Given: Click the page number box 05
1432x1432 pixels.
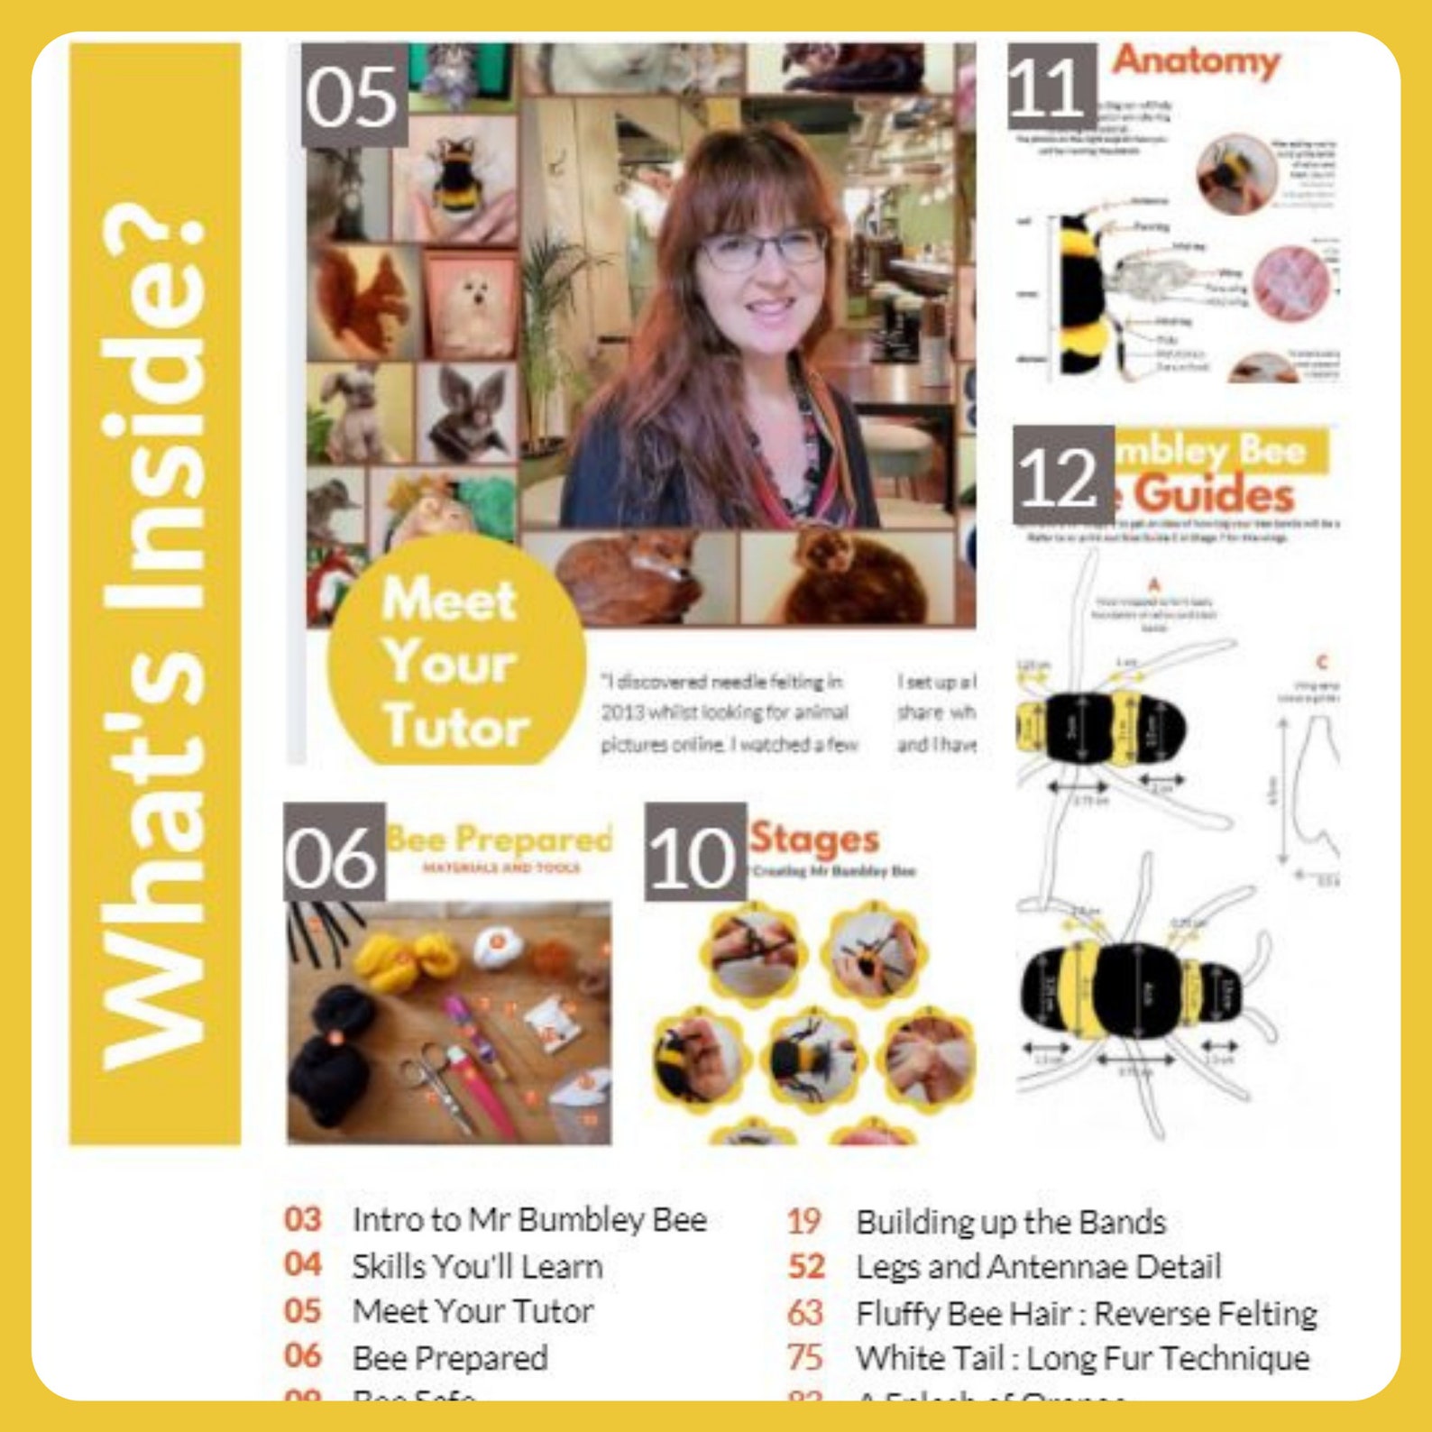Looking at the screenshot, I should click(353, 96).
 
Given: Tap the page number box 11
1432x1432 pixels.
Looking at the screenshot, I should click(1051, 87).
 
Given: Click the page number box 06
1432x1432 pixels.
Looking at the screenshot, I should click(333, 853).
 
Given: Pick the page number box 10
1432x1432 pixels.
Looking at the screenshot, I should click(694, 853).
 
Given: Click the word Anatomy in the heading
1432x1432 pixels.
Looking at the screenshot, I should click(1196, 61).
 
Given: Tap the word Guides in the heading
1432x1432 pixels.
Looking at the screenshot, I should click(1214, 494).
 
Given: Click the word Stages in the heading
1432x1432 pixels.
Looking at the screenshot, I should click(814, 838).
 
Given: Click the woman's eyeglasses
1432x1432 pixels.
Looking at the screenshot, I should click(763, 247).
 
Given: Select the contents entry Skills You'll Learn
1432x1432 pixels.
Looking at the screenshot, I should click(477, 1266).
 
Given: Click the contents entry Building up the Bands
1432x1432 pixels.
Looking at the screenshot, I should click(1011, 1222).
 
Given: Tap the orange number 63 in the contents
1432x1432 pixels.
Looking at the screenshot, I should click(805, 1313).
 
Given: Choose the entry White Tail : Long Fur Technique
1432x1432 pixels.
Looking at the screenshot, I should click(1082, 1358).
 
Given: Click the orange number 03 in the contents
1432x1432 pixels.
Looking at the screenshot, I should click(303, 1219).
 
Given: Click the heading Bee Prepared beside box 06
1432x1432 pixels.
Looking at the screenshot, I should click(500, 839).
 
